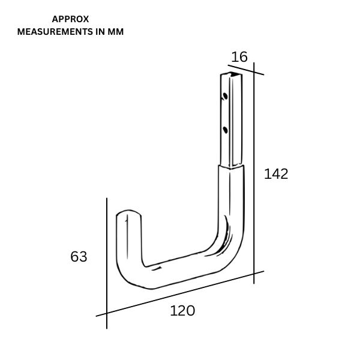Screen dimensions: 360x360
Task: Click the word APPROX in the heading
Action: point(70,19)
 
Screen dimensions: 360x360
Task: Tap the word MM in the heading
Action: point(116,32)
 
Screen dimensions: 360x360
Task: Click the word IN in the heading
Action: point(100,32)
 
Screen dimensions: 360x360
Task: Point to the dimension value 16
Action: point(239,57)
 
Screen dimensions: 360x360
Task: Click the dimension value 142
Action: point(276,174)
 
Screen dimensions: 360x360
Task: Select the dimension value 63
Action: point(79,257)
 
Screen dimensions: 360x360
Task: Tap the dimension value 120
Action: point(182,311)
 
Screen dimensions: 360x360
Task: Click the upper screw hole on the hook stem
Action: point(225,96)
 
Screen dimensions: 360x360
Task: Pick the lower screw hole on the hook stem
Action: point(225,130)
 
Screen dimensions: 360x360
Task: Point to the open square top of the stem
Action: point(232,74)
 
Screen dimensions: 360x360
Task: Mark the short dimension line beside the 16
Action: point(246,70)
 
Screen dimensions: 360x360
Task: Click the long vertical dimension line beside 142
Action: point(254,173)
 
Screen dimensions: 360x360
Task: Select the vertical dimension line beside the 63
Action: point(107,263)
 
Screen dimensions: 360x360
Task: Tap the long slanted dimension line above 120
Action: point(180,293)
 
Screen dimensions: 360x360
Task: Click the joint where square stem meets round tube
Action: point(231,166)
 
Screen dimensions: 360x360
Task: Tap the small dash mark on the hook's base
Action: point(157,268)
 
